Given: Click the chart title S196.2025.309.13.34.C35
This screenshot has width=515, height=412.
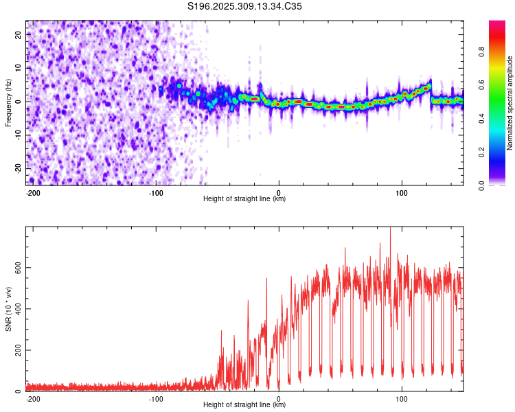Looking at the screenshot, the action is (244, 6).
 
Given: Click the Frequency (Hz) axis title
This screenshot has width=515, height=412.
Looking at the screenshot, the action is (8, 103).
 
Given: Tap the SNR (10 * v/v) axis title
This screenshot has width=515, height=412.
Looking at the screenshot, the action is (8, 309).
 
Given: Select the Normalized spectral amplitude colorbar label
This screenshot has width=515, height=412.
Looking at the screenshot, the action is (510, 103).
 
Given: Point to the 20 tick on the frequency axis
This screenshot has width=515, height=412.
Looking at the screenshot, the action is (19, 34).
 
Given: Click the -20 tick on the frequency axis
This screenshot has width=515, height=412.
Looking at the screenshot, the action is (19, 168).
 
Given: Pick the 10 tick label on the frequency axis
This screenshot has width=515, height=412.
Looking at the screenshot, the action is (19, 68).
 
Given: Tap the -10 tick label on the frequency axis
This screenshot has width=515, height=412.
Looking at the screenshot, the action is (19, 135).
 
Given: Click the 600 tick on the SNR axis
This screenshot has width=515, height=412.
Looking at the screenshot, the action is (19, 267).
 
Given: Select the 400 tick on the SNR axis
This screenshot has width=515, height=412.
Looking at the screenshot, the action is (19, 309).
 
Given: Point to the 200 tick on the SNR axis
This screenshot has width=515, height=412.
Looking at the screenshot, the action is (19, 350).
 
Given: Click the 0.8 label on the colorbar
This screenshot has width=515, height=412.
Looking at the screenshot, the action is (481, 52).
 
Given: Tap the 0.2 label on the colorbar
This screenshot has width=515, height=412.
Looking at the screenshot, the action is (481, 152).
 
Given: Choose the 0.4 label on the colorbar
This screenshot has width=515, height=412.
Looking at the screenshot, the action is (481, 119).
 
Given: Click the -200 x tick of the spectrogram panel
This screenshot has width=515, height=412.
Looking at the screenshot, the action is (33, 193).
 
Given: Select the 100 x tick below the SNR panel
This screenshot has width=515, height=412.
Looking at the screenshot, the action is (402, 399).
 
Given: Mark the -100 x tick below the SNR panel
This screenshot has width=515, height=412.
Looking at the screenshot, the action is (156, 399).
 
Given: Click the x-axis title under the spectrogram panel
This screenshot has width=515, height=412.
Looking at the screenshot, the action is (244, 198).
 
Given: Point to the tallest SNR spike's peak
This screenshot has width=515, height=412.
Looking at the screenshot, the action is (390, 227).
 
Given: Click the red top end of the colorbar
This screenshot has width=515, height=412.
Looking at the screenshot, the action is (497, 22).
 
